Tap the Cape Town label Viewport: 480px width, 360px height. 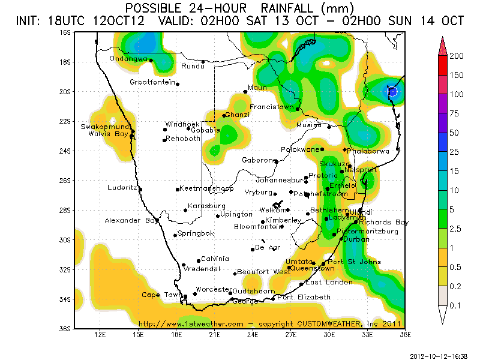point(161,295)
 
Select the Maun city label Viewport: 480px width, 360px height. point(257,88)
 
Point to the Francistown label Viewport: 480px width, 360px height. point(272,107)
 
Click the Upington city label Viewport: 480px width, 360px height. point(236,214)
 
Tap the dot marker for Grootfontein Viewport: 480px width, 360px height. point(178,84)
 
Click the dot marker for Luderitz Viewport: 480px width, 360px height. point(140,189)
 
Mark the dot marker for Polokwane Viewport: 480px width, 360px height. point(322,149)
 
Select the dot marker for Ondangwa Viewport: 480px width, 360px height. point(151,61)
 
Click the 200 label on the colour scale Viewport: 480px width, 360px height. point(458,56)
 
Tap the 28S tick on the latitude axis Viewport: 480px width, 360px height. point(66,210)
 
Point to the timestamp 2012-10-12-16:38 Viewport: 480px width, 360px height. point(439,355)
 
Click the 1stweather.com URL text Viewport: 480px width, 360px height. point(191,324)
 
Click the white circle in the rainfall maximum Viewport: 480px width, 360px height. point(392,91)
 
